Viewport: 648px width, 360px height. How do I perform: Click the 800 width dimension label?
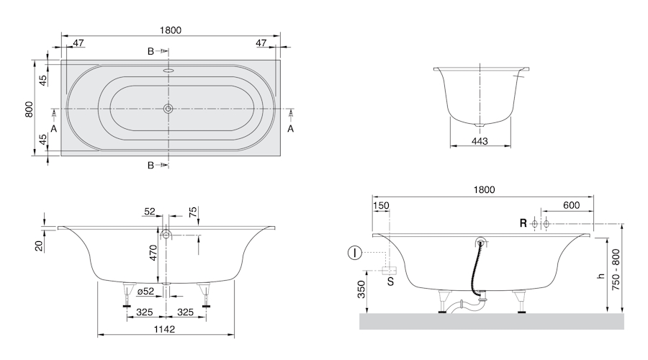click(x=29, y=109)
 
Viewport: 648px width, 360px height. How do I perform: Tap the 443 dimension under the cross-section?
click(x=480, y=141)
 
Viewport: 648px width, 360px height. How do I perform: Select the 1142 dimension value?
click(x=164, y=329)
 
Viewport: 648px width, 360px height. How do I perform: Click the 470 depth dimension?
click(x=153, y=253)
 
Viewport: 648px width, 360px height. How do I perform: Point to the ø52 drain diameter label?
click(x=145, y=291)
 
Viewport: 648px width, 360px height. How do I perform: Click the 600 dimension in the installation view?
click(x=572, y=205)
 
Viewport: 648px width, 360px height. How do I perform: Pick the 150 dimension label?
click(x=381, y=205)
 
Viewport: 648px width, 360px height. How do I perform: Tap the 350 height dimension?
click(x=362, y=289)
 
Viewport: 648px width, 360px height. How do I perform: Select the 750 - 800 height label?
click(x=616, y=269)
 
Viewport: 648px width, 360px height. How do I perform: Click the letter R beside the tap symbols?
click(x=523, y=224)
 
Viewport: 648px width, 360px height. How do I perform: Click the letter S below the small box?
click(x=390, y=282)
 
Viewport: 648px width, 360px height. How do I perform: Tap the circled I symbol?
click(x=354, y=253)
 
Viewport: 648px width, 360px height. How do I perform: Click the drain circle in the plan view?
click(x=168, y=109)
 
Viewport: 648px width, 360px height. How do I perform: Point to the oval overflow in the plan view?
click(x=168, y=71)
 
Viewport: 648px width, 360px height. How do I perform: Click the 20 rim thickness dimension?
click(x=39, y=246)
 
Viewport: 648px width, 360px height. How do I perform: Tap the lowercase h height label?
click(x=601, y=276)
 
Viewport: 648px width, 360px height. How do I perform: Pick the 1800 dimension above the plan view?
click(x=170, y=30)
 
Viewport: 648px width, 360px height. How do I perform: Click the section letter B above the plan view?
click(x=151, y=51)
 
